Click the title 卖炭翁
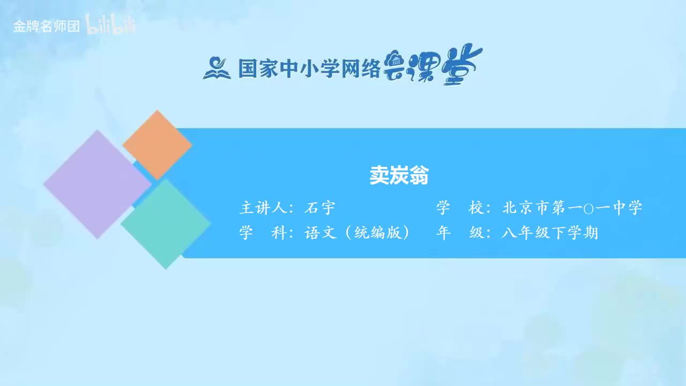(x=399, y=175)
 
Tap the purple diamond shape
(x=97, y=184)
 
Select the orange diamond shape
(x=157, y=145)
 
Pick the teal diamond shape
(x=166, y=224)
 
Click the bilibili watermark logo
(x=111, y=26)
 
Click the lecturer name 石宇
(x=319, y=208)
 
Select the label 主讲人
(x=262, y=208)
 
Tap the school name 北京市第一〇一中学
(x=572, y=208)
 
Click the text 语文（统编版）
(x=357, y=233)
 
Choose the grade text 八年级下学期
(x=550, y=233)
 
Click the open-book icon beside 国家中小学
(x=217, y=69)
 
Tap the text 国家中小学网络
(x=309, y=69)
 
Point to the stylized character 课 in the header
(x=427, y=69)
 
